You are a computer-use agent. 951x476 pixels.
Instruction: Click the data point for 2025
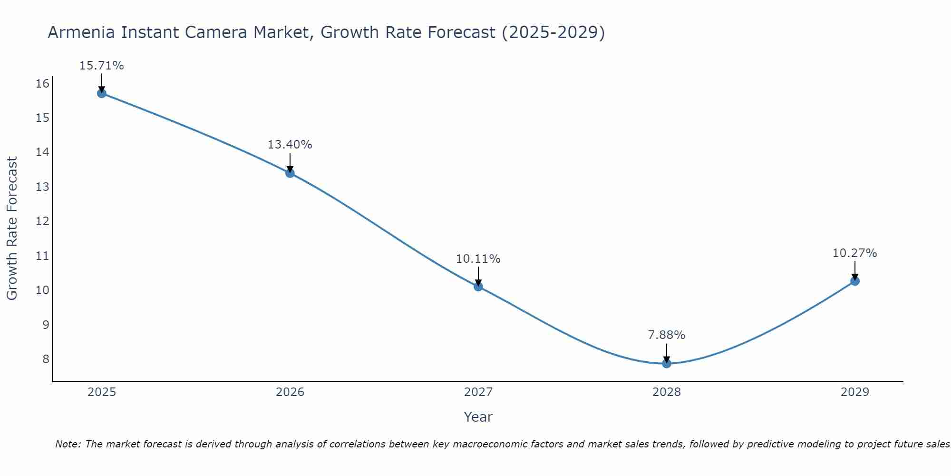(x=101, y=93)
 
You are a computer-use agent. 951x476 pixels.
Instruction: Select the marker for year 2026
(x=290, y=173)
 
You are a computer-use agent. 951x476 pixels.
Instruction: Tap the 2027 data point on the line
(x=478, y=287)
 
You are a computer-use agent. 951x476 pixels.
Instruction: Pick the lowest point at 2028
(x=667, y=364)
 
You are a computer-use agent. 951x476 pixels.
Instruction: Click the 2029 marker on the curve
(x=855, y=281)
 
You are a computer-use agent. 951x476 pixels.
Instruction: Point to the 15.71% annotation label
(x=101, y=66)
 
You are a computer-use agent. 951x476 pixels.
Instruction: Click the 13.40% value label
(x=290, y=145)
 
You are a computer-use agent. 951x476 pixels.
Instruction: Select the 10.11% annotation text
(x=478, y=259)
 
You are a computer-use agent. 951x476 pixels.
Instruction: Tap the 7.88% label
(x=667, y=335)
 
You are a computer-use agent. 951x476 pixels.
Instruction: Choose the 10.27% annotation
(x=854, y=253)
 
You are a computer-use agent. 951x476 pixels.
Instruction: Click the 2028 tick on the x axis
(x=667, y=392)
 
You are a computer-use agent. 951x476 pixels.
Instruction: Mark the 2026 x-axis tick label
(x=290, y=392)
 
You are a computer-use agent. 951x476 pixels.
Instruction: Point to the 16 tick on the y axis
(x=43, y=84)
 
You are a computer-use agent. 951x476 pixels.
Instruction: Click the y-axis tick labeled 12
(x=43, y=221)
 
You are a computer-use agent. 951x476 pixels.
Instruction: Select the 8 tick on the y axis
(x=46, y=359)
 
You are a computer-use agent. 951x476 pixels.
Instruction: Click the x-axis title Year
(x=478, y=417)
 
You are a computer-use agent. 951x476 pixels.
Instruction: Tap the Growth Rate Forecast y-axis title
(x=12, y=228)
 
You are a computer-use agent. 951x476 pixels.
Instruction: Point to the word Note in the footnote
(x=68, y=444)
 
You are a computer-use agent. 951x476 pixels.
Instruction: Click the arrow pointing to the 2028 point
(x=667, y=353)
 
